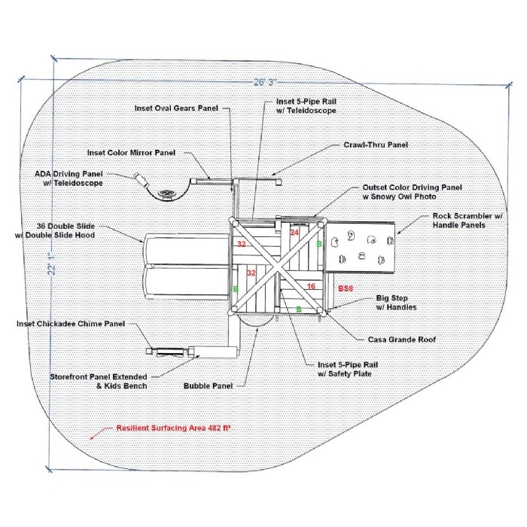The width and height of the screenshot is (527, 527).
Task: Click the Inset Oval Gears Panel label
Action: click(x=176, y=108)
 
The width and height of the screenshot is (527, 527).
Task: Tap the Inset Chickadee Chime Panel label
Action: click(x=70, y=324)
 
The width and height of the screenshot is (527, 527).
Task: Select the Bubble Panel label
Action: click(x=207, y=385)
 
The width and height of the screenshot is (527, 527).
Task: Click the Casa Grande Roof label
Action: click(x=401, y=340)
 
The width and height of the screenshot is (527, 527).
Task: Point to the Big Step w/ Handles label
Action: click(x=395, y=303)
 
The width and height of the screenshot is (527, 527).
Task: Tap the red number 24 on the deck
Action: click(x=294, y=233)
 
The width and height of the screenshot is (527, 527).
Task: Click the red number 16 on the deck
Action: click(x=311, y=286)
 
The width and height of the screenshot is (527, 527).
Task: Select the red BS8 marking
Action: click(x=345, y=288)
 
